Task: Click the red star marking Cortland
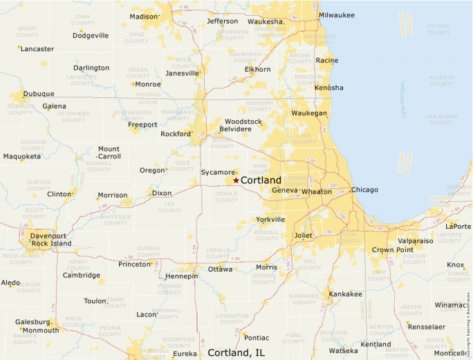236,180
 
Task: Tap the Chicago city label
364,190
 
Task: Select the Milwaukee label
336,15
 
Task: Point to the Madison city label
144,17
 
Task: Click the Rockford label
175,134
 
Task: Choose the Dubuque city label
39,94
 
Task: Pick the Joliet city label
304,235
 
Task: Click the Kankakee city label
345,294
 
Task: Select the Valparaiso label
415,241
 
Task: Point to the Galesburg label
33,322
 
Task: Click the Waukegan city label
309,113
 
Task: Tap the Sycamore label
218,172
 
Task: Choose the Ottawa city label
221,269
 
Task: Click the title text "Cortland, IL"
236,352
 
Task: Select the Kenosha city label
328,88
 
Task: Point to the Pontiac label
256,338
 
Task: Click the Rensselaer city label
425,327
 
